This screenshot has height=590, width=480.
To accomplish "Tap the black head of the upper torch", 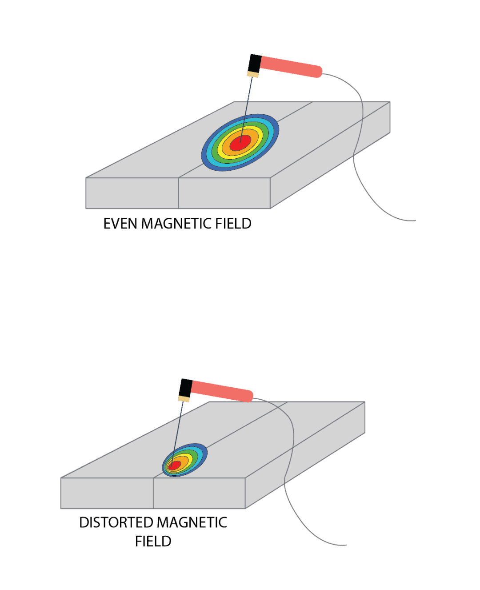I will tap(254, 62).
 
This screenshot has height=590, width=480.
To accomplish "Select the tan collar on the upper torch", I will tap(252, 74).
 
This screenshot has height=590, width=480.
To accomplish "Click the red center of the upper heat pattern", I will tap(240, 142).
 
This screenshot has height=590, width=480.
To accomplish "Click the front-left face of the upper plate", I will tap(132, 193).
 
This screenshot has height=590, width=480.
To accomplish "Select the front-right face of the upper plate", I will tap(224, 193).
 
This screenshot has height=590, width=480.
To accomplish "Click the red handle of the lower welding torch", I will tap(222, 390).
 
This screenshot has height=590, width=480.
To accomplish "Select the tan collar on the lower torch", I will tap(184, 398).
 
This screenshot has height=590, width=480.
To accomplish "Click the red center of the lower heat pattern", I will tap(174, 465).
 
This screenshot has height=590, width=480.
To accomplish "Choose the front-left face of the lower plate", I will tap(107, 493).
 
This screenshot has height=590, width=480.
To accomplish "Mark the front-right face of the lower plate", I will tap(199, 493).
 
